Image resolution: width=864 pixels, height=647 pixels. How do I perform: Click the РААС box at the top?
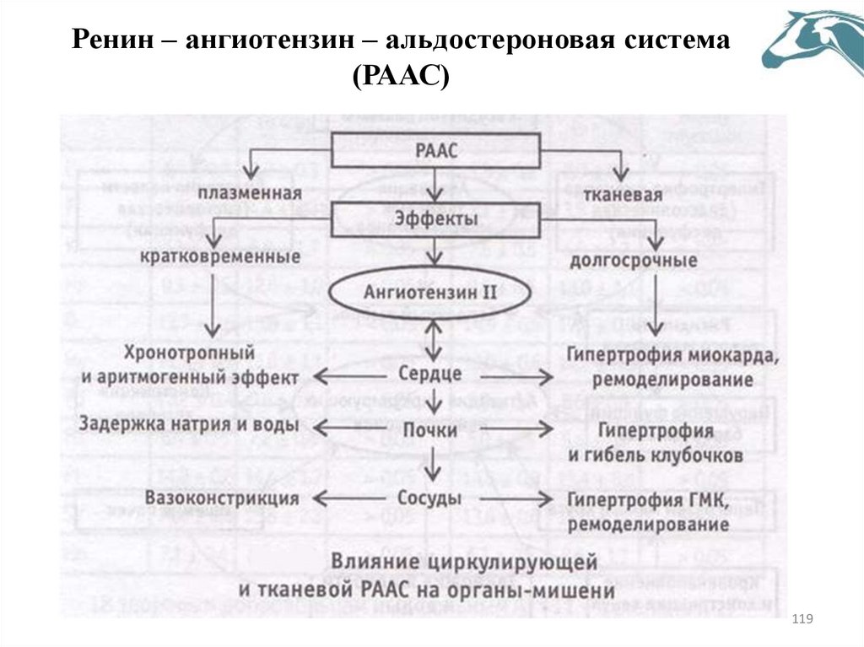click(x=436, y=152)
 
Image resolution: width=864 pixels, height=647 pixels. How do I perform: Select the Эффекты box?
click(x=436, y=218)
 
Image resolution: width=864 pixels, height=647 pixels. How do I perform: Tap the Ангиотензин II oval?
click(x=432, y=294)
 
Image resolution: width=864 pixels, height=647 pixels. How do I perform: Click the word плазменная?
click(x=251, y=195)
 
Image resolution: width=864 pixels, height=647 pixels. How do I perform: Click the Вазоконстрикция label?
click(x=222, y=499)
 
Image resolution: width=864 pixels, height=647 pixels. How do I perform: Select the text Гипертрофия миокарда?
click(x=672, y=354)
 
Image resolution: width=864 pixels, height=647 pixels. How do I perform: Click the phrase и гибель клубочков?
click(x=656, y=456)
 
